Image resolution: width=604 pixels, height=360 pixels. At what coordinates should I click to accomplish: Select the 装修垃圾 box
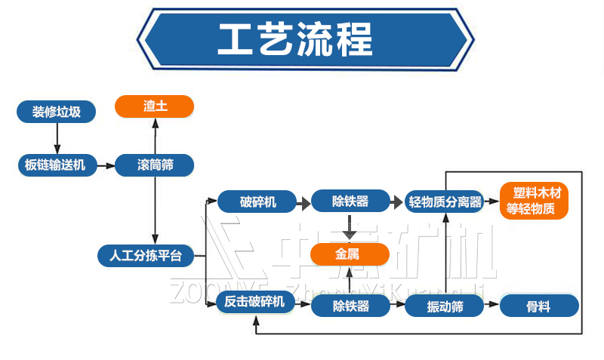point(57,112)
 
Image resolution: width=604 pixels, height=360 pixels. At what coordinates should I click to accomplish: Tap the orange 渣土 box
point(155,106)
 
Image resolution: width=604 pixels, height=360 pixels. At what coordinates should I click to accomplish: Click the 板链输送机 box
point(57,165)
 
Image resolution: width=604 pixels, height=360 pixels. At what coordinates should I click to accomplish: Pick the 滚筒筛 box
point(155,165)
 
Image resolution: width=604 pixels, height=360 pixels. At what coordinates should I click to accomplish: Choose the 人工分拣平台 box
point(146,255)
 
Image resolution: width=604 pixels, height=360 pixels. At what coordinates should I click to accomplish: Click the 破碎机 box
point(257,202)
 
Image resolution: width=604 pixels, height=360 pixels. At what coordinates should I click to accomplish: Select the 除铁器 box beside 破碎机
point(350,202)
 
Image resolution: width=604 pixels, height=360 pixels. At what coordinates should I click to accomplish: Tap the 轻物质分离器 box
point(445,202)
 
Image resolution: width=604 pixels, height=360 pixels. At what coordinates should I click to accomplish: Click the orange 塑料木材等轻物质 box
point(535,202)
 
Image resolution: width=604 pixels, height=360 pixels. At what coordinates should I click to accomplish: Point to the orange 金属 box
point(350,255)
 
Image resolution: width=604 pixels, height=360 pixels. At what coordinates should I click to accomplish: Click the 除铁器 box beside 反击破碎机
point(350,306)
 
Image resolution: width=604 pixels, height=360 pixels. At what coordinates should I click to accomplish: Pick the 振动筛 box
point(445,306)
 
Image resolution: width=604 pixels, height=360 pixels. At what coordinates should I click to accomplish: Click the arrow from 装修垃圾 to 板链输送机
point(57,138)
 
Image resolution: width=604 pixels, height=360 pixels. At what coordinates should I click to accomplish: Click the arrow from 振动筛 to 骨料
point(492,306)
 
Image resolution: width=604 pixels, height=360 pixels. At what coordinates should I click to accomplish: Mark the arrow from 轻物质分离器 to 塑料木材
point(492,202)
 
